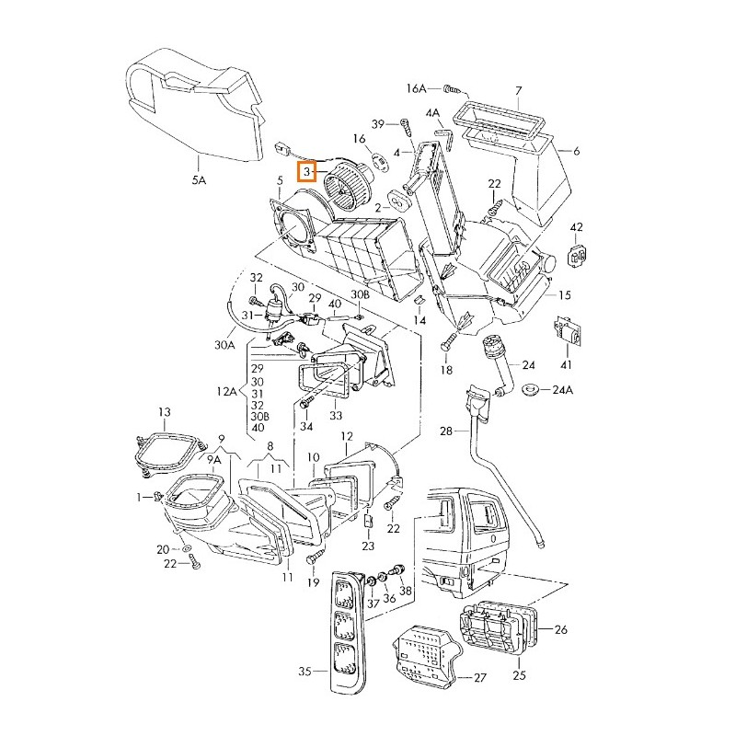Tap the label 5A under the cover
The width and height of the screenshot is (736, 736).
(199, 181)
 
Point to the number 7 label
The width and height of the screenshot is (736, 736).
(518, 90)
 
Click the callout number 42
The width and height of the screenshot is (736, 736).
(577, 227)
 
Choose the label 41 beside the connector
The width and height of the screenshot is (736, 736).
(565, 365)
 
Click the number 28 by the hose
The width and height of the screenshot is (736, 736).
(446, 431)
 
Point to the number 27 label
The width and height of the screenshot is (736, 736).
(478, 677)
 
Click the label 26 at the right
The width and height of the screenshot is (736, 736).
(561, 629)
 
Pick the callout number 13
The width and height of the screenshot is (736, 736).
(165, 411)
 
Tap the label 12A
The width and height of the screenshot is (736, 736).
(227, 392)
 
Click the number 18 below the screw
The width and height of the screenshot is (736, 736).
(446, 370)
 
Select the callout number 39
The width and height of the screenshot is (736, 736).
(378, 123)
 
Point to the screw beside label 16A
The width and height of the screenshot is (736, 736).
(451, 89)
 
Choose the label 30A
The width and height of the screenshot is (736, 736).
(225, 345)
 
